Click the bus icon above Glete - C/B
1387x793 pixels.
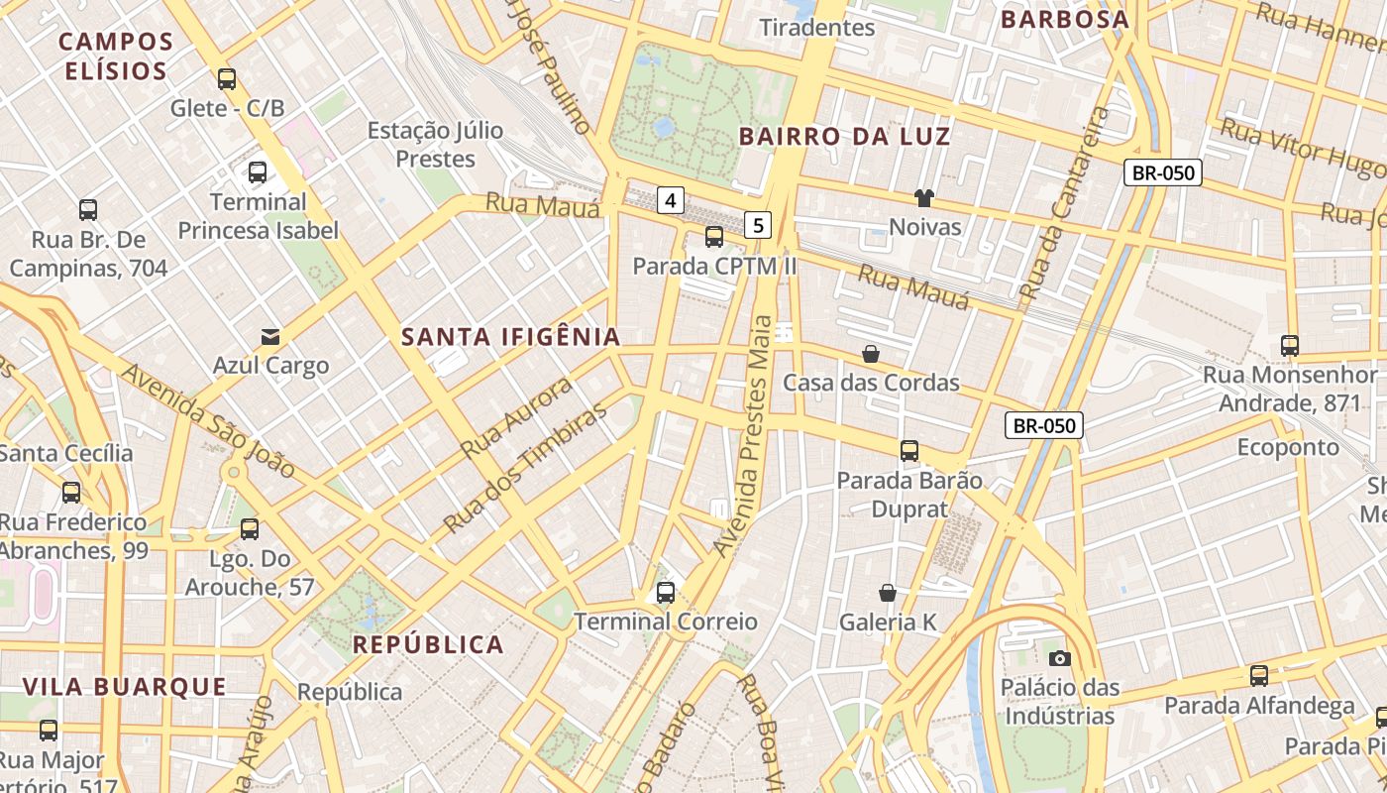pyautogui.click(x=227, y=79)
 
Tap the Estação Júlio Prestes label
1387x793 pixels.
pyautogui.click(x=435, y=145)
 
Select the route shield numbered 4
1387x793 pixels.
pyautogui.click(x=671, y=201)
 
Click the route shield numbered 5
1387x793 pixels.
pyautogui.click(x=758, y=225)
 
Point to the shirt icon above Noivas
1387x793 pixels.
pyautogui.click(x=924, y=198)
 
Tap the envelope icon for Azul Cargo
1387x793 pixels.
pyautogui.click(x=269, y=337)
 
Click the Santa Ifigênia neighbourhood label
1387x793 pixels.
pyautogui.click(x=510, y=337)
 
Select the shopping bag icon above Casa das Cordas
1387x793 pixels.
pyautogui.click(x=871, y=354)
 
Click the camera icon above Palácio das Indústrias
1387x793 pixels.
pyautogui.click(x=1059, y=658)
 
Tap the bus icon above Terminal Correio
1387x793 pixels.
pyautogui.click(x=666, y=593)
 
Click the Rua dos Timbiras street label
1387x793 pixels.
pyautogui.click(x=524, y=468)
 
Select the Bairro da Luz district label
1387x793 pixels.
pyautogui.click(x=844, y=137)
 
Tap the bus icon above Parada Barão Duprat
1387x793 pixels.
pyautogui.click(x=909, y=451)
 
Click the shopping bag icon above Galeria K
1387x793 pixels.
pyautogui.click(x=888, y=593)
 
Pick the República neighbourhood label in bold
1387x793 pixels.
pyautogui.click(x=428, y=645)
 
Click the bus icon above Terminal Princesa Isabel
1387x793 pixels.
pyautogui.click(x=258, y=172)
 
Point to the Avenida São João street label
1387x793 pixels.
pyautogui.click(x=210, y=421)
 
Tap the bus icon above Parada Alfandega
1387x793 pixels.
pyautogui.click(x=1258, y=676)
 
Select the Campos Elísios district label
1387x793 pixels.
pyautogui.click(x=115, y=57)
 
